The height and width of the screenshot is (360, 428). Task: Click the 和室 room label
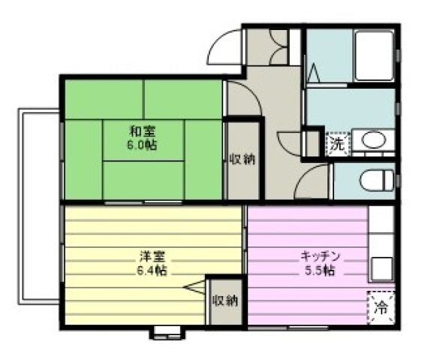(x=142, y=132)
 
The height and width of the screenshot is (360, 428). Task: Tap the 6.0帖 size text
(x=142, y=145)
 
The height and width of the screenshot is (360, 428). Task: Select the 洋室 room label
(x=152, y=257)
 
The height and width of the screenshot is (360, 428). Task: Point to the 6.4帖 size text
(x=152, y=271)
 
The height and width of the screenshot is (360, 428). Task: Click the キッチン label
(x=320, y=257)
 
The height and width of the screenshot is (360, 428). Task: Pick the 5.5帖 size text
(x=320, y=271)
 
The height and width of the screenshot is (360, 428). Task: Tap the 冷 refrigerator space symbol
(x=381, y=307)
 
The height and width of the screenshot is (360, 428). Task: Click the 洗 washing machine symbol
(x=338, y=144)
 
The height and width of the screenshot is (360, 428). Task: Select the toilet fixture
(x=377, y=180)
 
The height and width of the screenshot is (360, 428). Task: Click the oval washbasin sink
(x=374, y=140)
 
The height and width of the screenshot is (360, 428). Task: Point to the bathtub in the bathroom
(x=374, y=56)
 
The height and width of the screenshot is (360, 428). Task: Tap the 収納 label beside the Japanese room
(x=242, y=159)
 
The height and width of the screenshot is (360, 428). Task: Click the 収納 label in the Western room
(x=225, y=301)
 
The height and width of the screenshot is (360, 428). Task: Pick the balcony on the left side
(x=39, y=207)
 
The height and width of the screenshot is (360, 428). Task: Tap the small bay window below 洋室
(x=167, y=333)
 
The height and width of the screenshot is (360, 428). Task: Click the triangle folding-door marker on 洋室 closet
(x=194, y=287)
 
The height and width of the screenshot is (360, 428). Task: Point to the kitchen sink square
(x=381, y=269)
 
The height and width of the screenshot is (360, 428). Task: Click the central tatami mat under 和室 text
(x=143, y=140)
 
